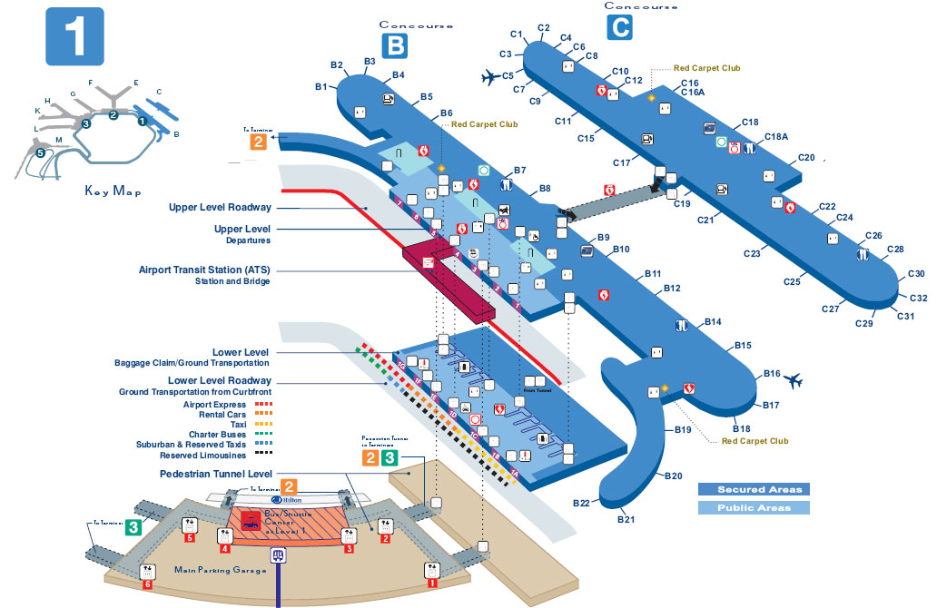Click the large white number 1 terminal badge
(74, 37)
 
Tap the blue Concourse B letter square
(397, 44)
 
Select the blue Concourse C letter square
(618, 28)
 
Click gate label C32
(918, 298)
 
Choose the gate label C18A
(776, 137)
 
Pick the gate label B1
(321, 86)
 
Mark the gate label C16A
(693, 92)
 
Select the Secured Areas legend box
(753, 489)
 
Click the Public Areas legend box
(753, 508)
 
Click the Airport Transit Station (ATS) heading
(205, 270)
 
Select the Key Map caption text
(111, 191)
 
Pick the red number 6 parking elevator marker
(147, 585)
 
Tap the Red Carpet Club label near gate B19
(755, 441)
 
